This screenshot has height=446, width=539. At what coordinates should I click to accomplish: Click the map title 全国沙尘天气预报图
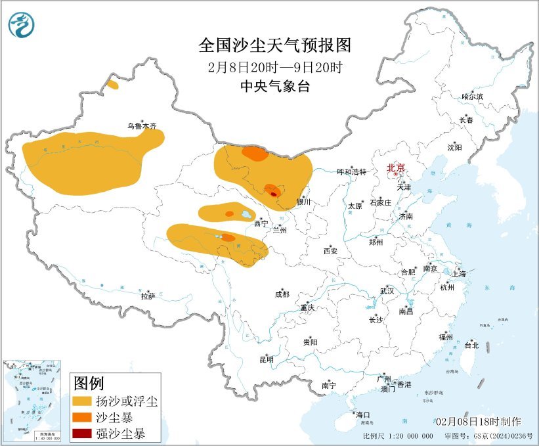(x=274, y=45)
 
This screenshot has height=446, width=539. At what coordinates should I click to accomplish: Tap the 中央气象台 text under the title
(x=274, y=86)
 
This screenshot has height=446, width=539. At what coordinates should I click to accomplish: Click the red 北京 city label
(x=397, y=167)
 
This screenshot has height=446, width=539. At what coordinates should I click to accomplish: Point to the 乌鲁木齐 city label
(x=142, y=126)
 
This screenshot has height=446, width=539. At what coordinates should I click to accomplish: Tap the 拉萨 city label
(x=148, y=296)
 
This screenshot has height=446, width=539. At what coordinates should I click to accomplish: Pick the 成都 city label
(x=282, y=295)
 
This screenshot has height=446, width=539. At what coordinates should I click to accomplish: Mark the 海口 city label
(x=362, y=414)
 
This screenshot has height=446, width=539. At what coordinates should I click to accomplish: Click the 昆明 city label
(x=267, y=359)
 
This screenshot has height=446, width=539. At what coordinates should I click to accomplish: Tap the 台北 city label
(x=471, y=345)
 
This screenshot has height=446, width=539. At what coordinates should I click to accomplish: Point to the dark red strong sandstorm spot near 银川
(x=274, y=193)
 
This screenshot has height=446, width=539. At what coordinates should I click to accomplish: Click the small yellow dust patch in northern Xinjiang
(x=113, y=85)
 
